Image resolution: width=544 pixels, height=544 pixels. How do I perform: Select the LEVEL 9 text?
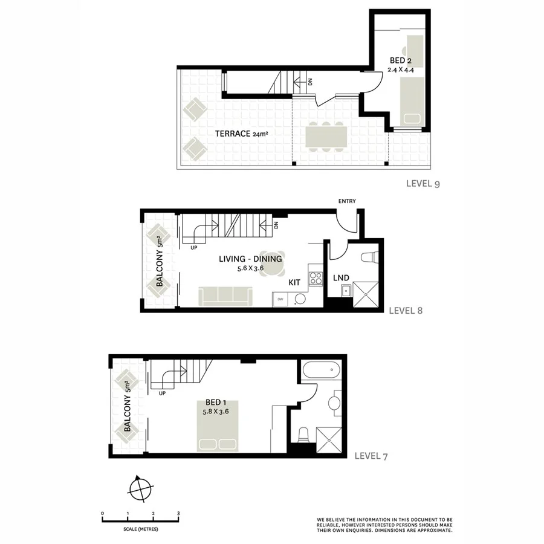[x=423, y=184]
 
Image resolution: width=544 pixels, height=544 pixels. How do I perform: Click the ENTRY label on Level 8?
[x=348, y=201]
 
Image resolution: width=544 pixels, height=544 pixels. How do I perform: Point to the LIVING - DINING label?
[x=250, y=259]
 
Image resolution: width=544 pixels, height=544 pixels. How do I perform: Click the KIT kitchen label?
[x=294, y=282]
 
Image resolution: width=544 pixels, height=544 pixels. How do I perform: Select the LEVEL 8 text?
[x=405, y=311]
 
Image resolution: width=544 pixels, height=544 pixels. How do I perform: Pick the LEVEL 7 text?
[x=371, y=456]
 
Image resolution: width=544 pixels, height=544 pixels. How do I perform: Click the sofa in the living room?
[x=225, y=296]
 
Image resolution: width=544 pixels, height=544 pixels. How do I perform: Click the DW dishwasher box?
[x=280, y=299]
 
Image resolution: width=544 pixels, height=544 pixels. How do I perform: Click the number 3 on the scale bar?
[x=178, y=513]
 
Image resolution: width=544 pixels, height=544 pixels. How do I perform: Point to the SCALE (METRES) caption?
[x=140, y=530]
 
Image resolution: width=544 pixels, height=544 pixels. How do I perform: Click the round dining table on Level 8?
[x=269, y=270]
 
